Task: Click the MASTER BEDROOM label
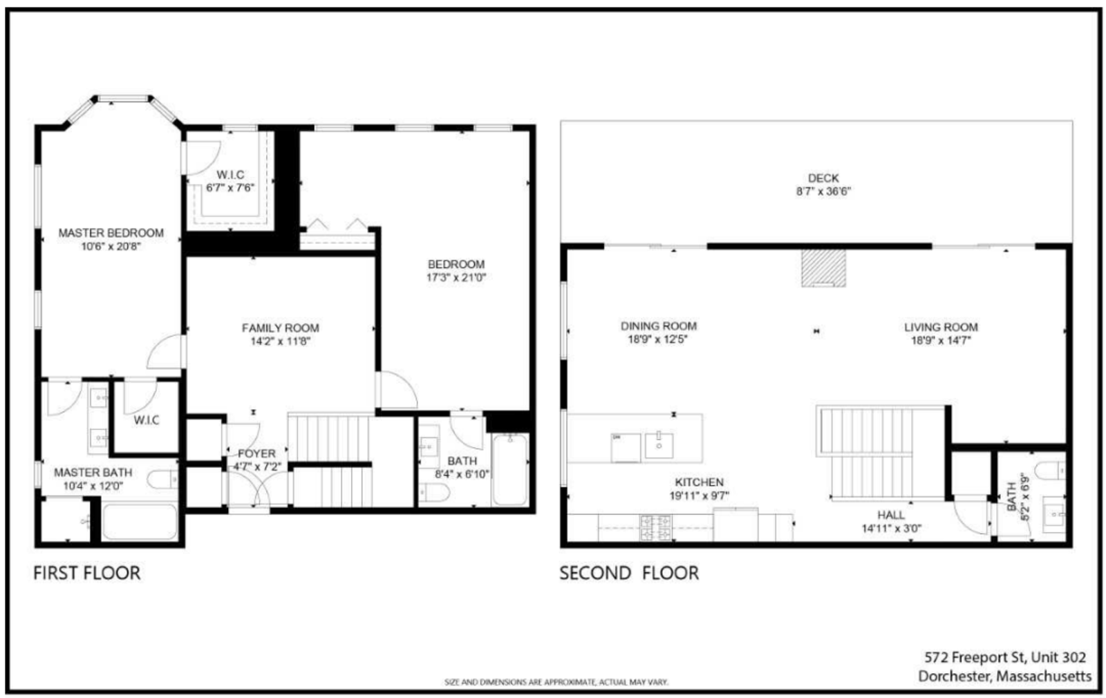click(111, 233)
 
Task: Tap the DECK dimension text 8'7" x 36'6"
click(823, 191)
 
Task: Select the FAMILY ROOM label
click(280, 328)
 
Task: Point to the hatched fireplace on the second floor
click(823, 268)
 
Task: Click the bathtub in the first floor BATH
click(510, 470)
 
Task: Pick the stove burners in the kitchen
click(655, 528)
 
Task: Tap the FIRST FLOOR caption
click(87, 573)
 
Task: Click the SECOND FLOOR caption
click(628, 573)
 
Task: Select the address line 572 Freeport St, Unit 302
click(1005, 657)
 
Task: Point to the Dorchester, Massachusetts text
click(1005, 676)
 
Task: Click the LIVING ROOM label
click(941, 327)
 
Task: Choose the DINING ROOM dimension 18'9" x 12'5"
click(658, 339)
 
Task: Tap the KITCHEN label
click(699, 482)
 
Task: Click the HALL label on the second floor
click(890, 515)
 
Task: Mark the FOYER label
click(256, 453)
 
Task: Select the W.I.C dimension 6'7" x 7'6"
click(230, 187)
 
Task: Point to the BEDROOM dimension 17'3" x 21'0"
click(456, 278)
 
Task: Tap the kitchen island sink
click(659, 445)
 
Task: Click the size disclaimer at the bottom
click(556, 682)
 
